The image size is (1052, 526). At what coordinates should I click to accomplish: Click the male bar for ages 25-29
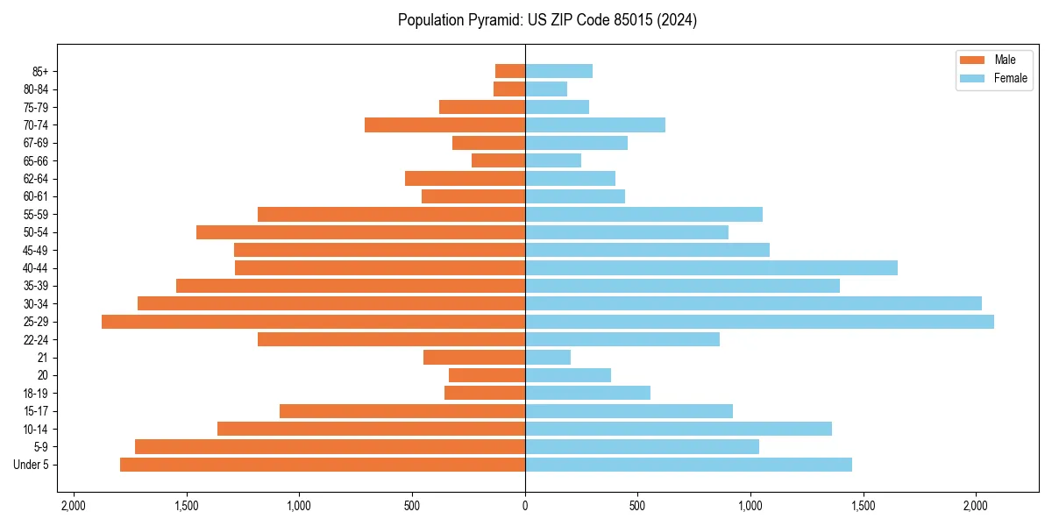pos(313,322)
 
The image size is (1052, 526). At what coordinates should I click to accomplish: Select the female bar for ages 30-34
pos(753,303)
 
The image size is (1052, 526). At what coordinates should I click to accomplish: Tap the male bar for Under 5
pos(323,465)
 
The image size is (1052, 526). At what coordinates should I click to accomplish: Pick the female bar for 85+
pos(558,71)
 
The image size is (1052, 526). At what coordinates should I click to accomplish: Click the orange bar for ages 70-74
pos(444,125)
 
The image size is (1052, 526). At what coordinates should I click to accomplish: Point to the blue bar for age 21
pos(548,358)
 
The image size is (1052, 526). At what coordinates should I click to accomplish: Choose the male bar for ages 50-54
pos(360,232)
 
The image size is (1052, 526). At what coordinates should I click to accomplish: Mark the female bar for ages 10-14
pos(678,429)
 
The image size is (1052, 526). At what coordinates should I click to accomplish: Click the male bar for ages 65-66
pos(498,160)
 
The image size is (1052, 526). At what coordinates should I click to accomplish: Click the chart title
pos(547,20)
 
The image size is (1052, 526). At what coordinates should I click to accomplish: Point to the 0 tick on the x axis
pos(525,506)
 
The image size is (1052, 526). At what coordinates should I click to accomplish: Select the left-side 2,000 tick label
pos(74,506)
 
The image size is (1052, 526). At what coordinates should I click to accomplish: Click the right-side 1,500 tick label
pos(864,506)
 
